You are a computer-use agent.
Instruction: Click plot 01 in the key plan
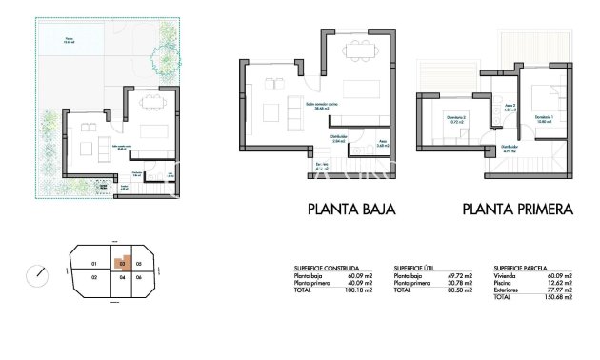pos(93,263)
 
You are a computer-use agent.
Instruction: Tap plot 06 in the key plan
pos(139,277)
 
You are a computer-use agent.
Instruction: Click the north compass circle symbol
pos(37,274)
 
